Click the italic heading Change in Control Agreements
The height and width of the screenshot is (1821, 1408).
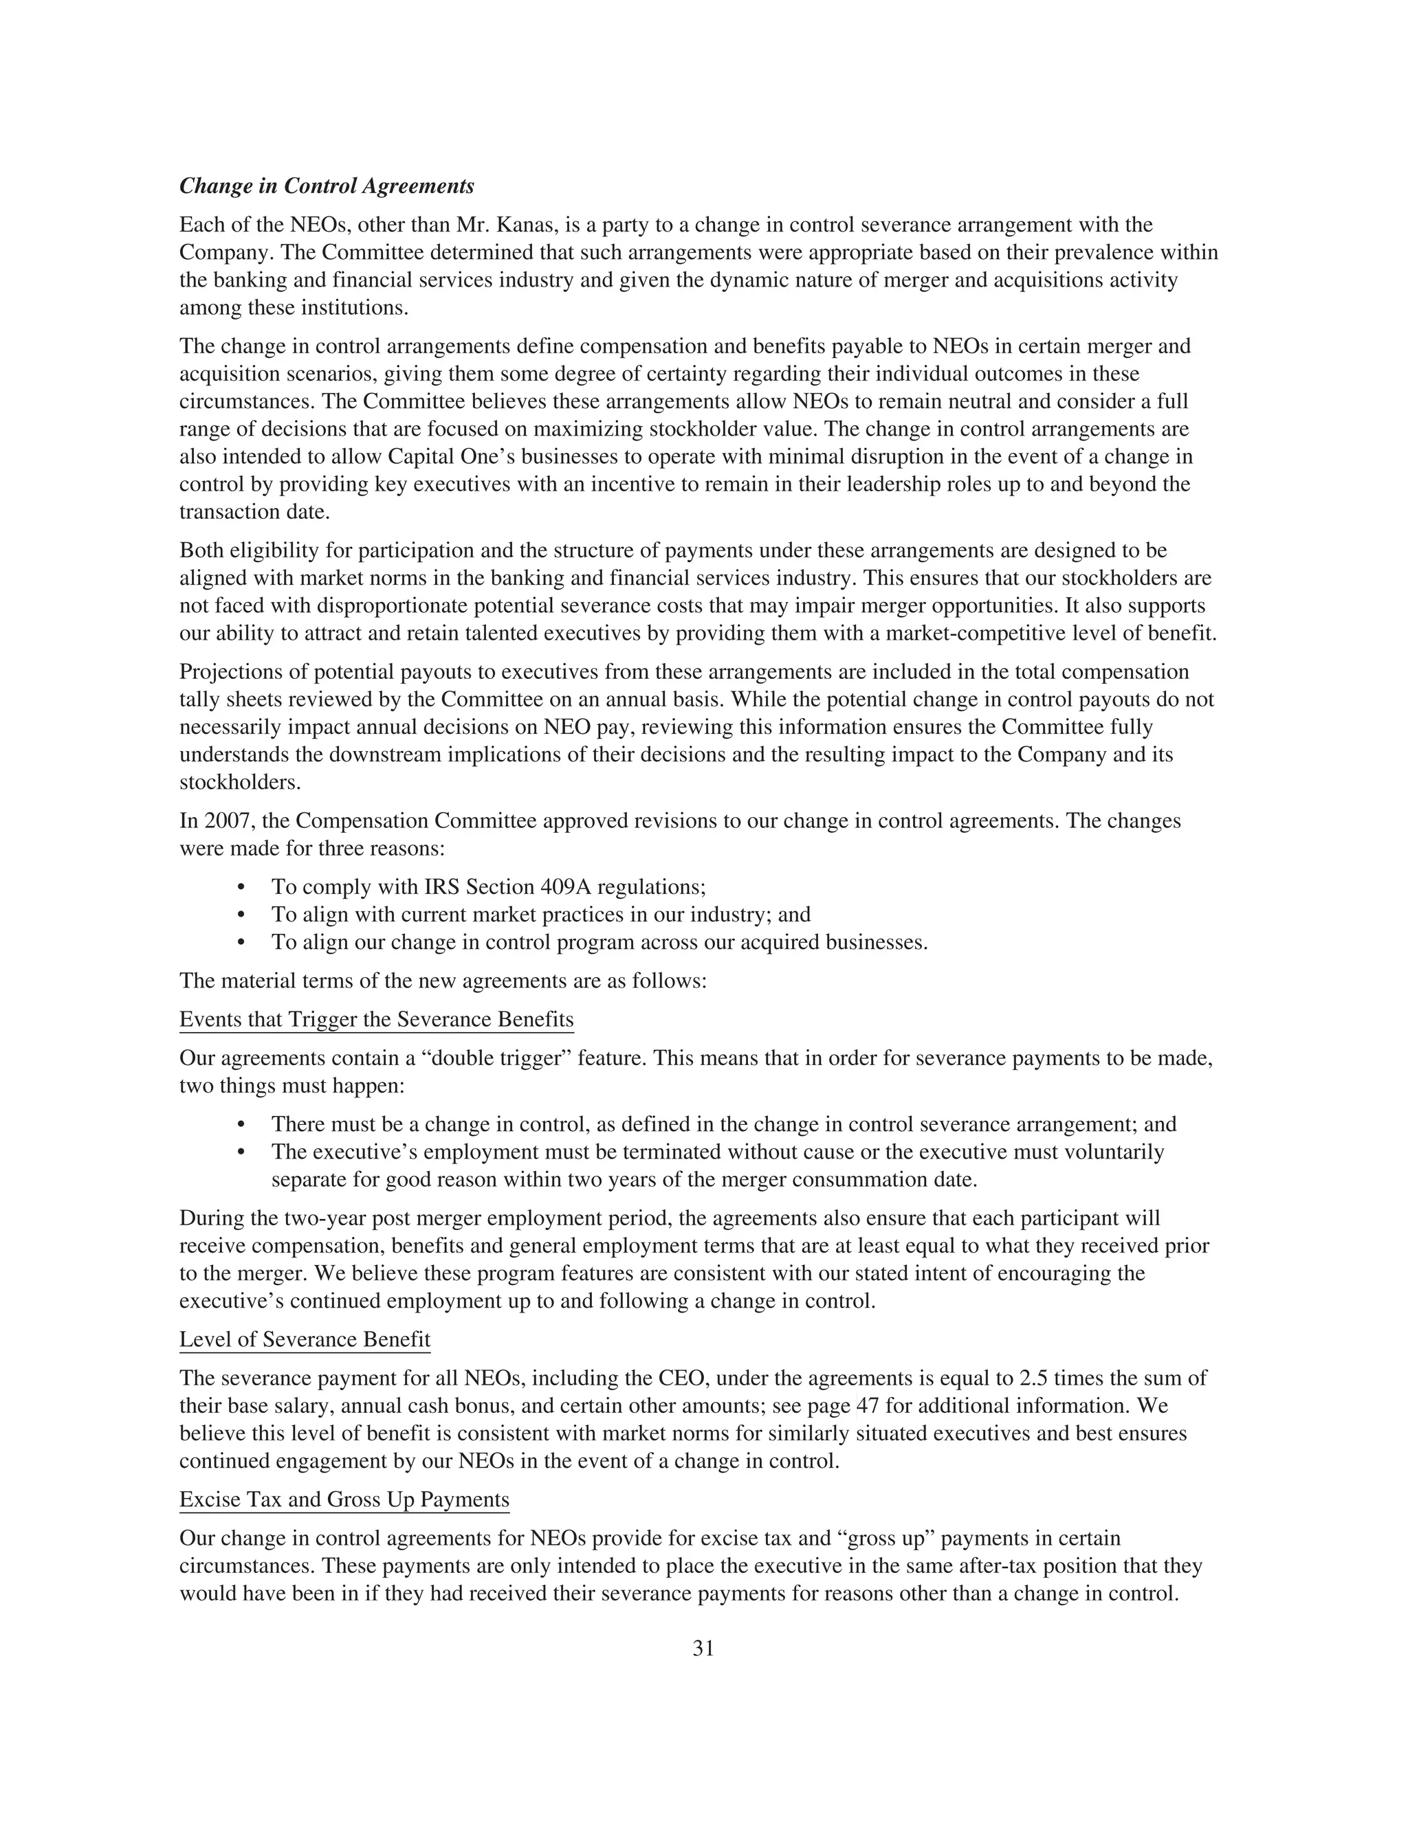(x=327, y=186)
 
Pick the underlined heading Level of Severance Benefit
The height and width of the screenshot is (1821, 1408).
(x=305, y=1340)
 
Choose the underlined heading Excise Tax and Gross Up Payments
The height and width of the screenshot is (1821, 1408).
(x=344, y=1500)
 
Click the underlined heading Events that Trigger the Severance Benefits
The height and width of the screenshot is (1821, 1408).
(x=376, y=1020)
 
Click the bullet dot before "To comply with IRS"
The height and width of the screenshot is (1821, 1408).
(x=242, y=887)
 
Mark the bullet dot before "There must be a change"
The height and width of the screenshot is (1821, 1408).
(x=242, y=1125)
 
